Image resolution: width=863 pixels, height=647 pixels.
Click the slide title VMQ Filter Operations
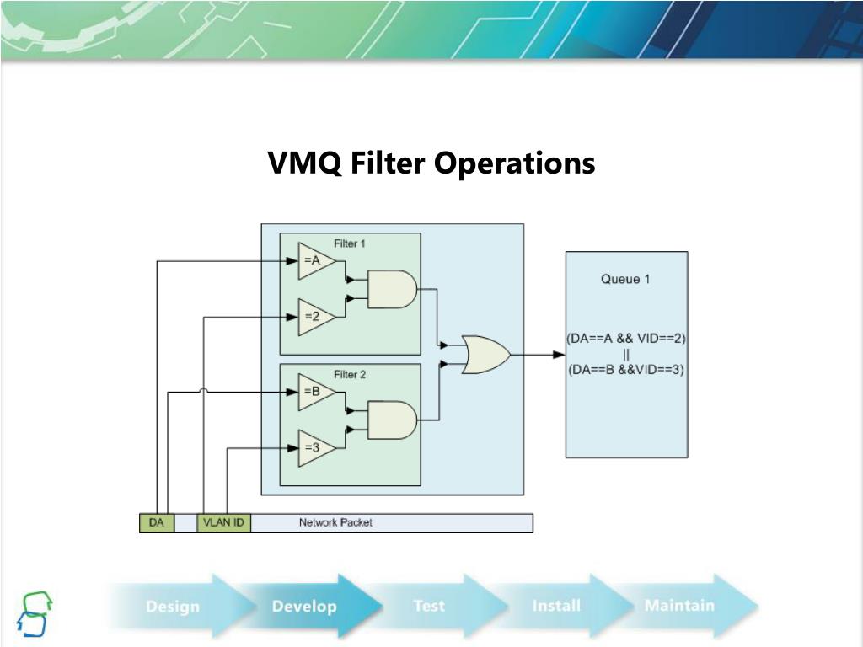tap(431, 163)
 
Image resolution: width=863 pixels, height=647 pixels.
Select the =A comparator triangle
tap(314, 261)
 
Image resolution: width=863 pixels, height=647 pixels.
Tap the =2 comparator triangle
tap(314, 317)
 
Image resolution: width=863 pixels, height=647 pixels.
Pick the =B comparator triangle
tap(314, 392)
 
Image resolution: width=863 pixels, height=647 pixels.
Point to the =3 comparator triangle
tap(314, 448)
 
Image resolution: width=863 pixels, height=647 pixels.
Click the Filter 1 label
tap(350, 243)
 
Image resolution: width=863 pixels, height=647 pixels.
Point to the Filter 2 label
tap(350, 374)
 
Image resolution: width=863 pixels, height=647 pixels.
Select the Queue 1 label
tap(625, 279)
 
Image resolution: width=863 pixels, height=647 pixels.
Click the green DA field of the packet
tap(157, 523)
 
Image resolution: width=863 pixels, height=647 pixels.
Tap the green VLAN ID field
tap(224, 523)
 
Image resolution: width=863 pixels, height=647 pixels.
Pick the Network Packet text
tap(335, 522)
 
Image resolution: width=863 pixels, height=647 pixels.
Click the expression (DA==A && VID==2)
tap(626, 339)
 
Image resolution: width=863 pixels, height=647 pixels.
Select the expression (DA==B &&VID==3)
tap(626, 369)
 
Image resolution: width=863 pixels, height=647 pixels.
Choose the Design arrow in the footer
tap(173, 606)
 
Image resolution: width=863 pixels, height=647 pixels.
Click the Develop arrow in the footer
tap(305, 606)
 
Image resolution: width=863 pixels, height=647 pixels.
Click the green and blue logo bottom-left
tap(35, 613)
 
